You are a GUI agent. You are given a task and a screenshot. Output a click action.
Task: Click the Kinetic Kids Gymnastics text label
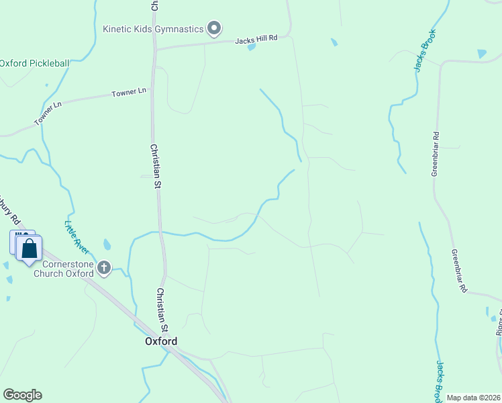(x=152, y=29)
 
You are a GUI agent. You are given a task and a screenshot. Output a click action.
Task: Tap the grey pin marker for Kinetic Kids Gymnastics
(x=214, y=28)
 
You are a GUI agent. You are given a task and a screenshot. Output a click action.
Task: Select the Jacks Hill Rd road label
(x=256, y=40)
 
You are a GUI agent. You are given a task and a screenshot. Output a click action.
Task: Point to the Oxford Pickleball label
(x=34, y=64)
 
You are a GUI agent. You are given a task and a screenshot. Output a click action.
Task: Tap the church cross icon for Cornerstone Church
(x=104, y=269)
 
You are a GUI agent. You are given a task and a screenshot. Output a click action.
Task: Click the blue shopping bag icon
(x=29, y=249)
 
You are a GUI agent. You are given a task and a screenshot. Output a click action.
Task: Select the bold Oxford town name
(x=161, y=341)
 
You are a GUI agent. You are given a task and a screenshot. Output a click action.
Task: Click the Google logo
(x=22, y=395)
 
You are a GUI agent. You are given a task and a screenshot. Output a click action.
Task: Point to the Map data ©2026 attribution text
(x=473, y=398)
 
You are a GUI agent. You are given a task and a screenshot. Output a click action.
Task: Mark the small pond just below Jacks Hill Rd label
(x=251, y=48)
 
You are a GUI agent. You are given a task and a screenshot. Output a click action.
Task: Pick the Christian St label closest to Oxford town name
(x=161, y=310)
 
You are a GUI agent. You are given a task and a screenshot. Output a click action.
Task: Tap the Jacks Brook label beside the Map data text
(x=441, y=379)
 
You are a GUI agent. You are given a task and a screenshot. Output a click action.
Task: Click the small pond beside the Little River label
(x=107, y=244)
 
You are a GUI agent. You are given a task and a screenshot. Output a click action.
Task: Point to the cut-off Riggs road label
(x=499, y=323)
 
